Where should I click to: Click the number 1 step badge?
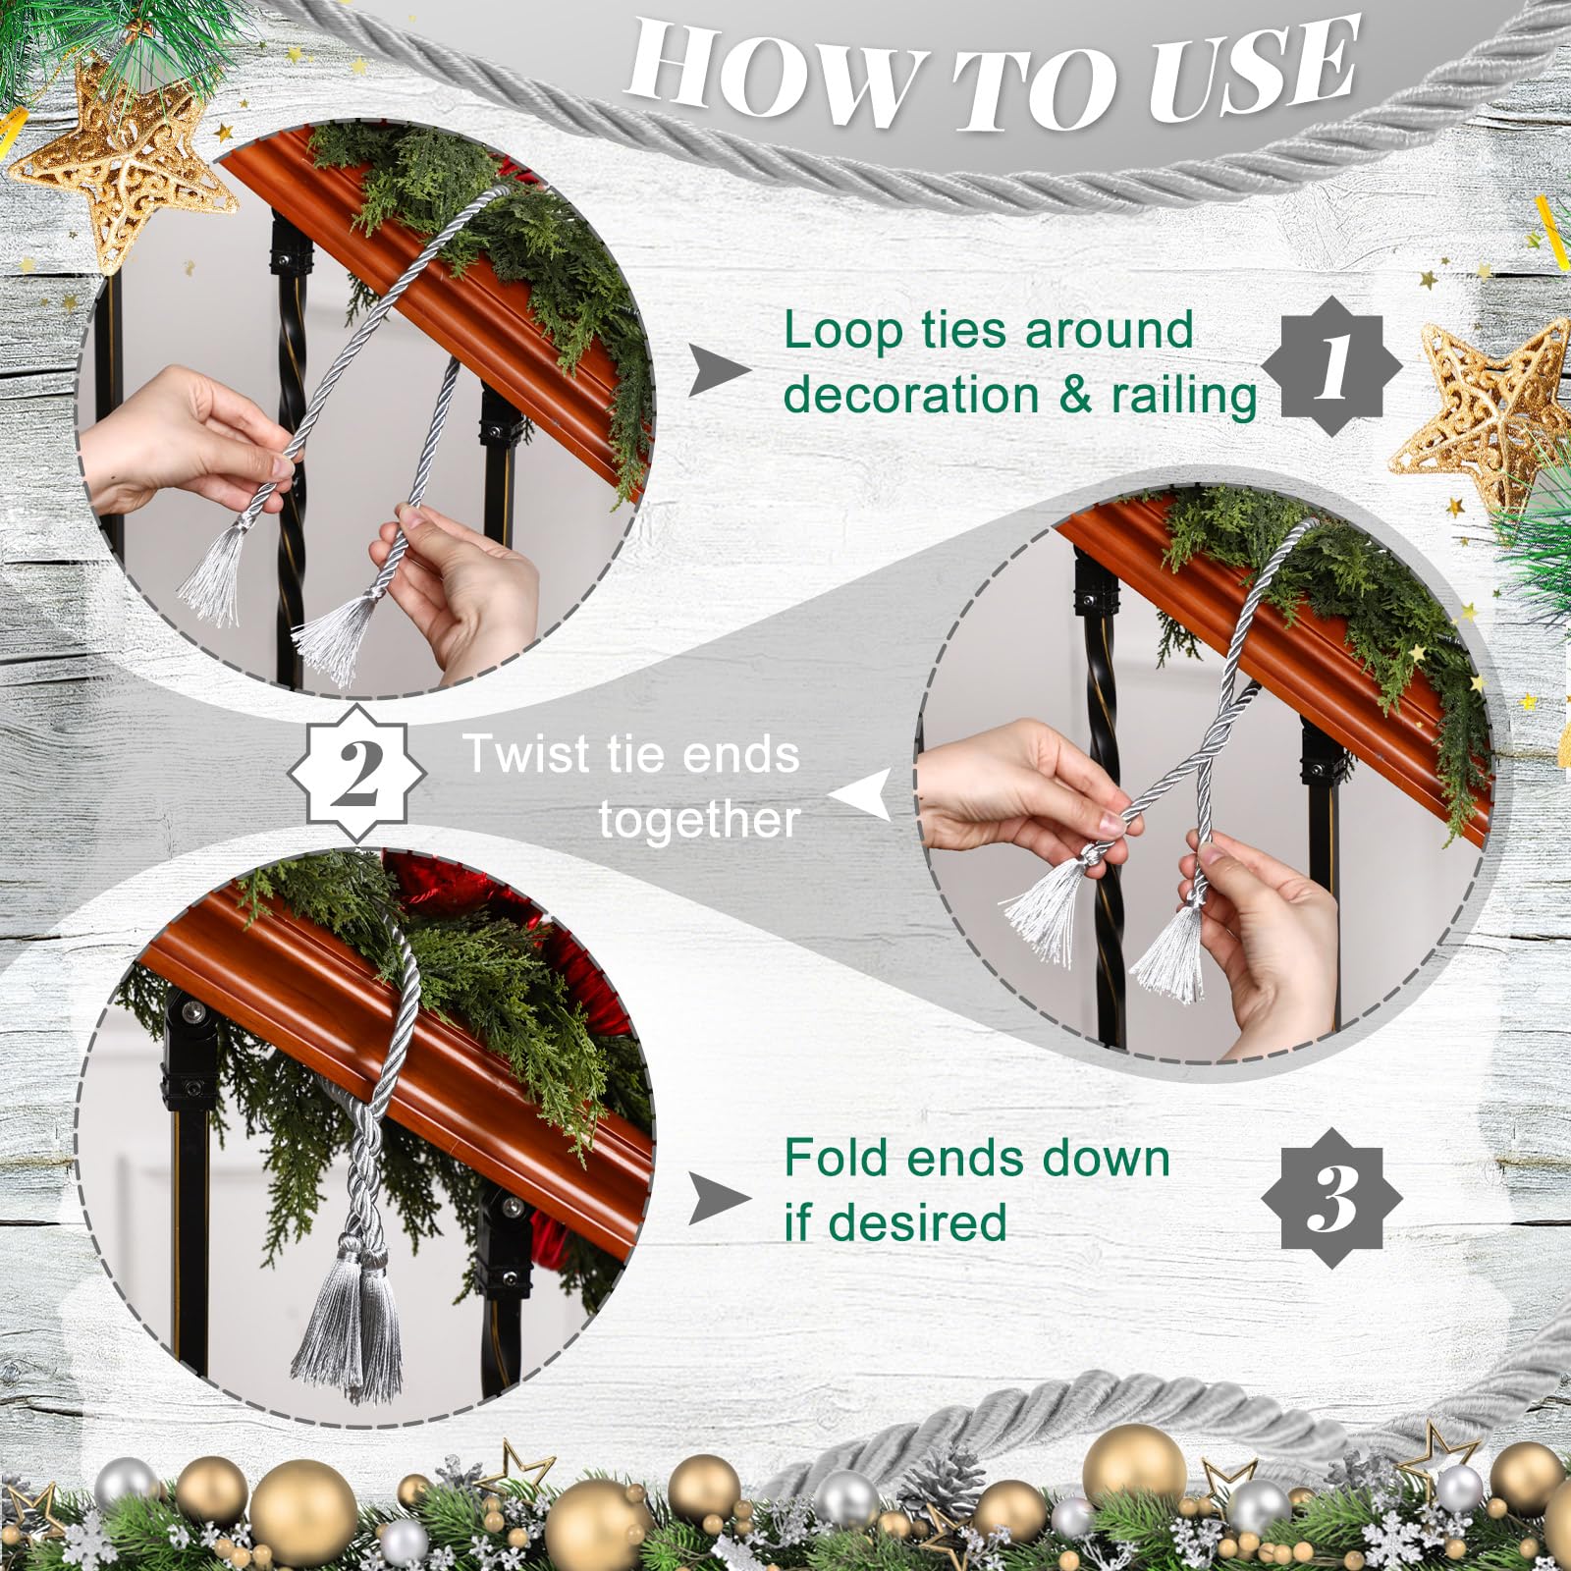pos(1331,367)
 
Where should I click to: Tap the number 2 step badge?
pos(357,772)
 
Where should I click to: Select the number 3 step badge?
pos(1331,1196)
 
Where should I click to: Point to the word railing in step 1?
pos(1183,396)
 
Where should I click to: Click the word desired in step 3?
pos(917,1223)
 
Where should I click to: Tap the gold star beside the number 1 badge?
pos(1488,412)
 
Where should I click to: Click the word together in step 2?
pos(699,820)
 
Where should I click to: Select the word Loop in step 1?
pos(842,331)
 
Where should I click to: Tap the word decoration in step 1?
pos(911,396)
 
